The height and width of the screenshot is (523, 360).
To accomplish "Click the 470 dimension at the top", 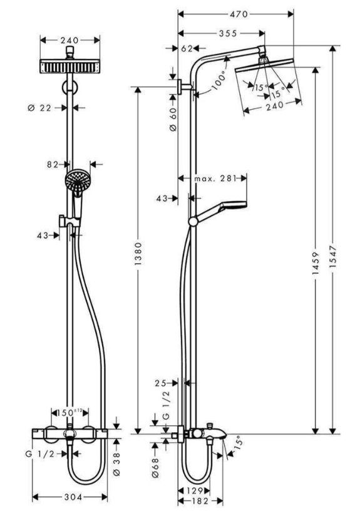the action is [239, 14].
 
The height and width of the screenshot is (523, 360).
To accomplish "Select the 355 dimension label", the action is [228, 33].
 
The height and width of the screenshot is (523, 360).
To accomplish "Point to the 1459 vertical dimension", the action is [316, 264].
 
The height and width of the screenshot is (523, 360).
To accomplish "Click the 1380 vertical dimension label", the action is [138, 254].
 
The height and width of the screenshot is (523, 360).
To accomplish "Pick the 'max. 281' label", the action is [215, 179].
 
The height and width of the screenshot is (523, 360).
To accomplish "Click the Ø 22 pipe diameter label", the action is [39, 108].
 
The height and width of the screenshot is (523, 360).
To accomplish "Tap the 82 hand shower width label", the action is [53, 165].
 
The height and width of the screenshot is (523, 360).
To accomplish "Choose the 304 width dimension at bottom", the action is [73, 497].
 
